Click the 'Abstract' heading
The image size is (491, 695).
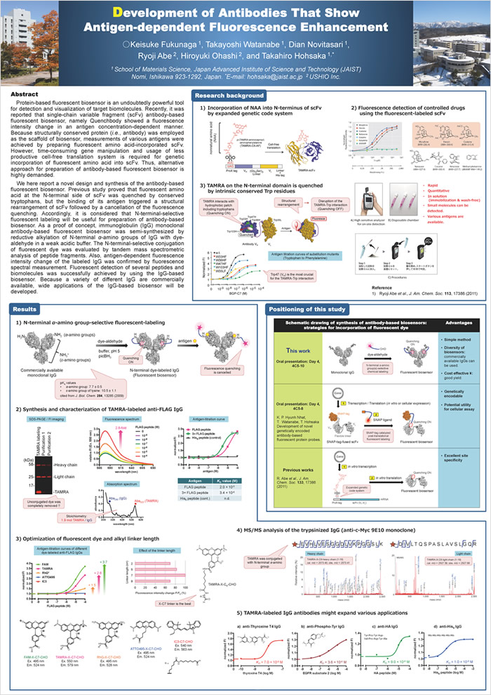click(x=29, y=93)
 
